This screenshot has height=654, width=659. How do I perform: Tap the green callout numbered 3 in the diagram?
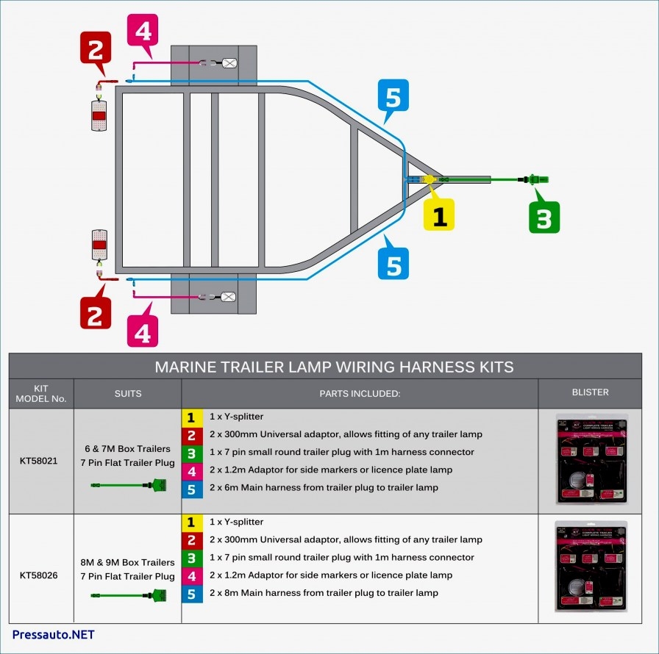coord(544,217)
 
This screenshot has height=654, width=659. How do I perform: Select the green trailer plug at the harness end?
coord(538,179)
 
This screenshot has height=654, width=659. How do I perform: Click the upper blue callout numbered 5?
coord(393,96)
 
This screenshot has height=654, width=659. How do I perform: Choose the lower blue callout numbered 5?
coord(393,263)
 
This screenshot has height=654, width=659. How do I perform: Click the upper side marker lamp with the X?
coord(229,63)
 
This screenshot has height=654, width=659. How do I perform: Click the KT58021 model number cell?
coord(41,461)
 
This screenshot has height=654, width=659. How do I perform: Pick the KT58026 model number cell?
coord(41,575)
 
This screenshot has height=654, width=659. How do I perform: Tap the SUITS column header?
coord(127,393)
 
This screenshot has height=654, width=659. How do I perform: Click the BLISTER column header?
coord(590,392)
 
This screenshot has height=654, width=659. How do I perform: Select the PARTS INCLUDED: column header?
coord(359,393)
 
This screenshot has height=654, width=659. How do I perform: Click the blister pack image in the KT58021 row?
coord(591,460)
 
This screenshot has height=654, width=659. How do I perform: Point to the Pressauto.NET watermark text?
coord(53,634)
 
